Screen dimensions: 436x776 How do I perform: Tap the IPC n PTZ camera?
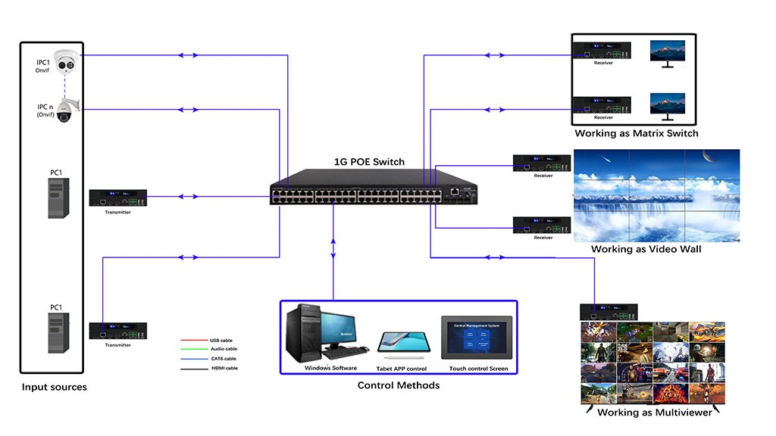(64, 112)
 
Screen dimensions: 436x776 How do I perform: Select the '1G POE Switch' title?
(369, 162)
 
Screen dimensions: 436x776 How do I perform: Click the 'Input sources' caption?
(54, 387)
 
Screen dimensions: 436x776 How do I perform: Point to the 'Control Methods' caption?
(398, 385)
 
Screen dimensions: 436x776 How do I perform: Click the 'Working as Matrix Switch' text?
(636, 134)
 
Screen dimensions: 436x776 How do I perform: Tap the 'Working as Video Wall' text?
(646, 249)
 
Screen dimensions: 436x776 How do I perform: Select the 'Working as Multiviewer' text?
(655, 413)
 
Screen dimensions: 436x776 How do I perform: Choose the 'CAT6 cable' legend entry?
(224, 359)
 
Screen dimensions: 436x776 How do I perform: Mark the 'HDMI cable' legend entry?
(224, 368)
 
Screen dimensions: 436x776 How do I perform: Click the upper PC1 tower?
(59, 198)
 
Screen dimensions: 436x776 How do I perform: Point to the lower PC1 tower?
(58, 332)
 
